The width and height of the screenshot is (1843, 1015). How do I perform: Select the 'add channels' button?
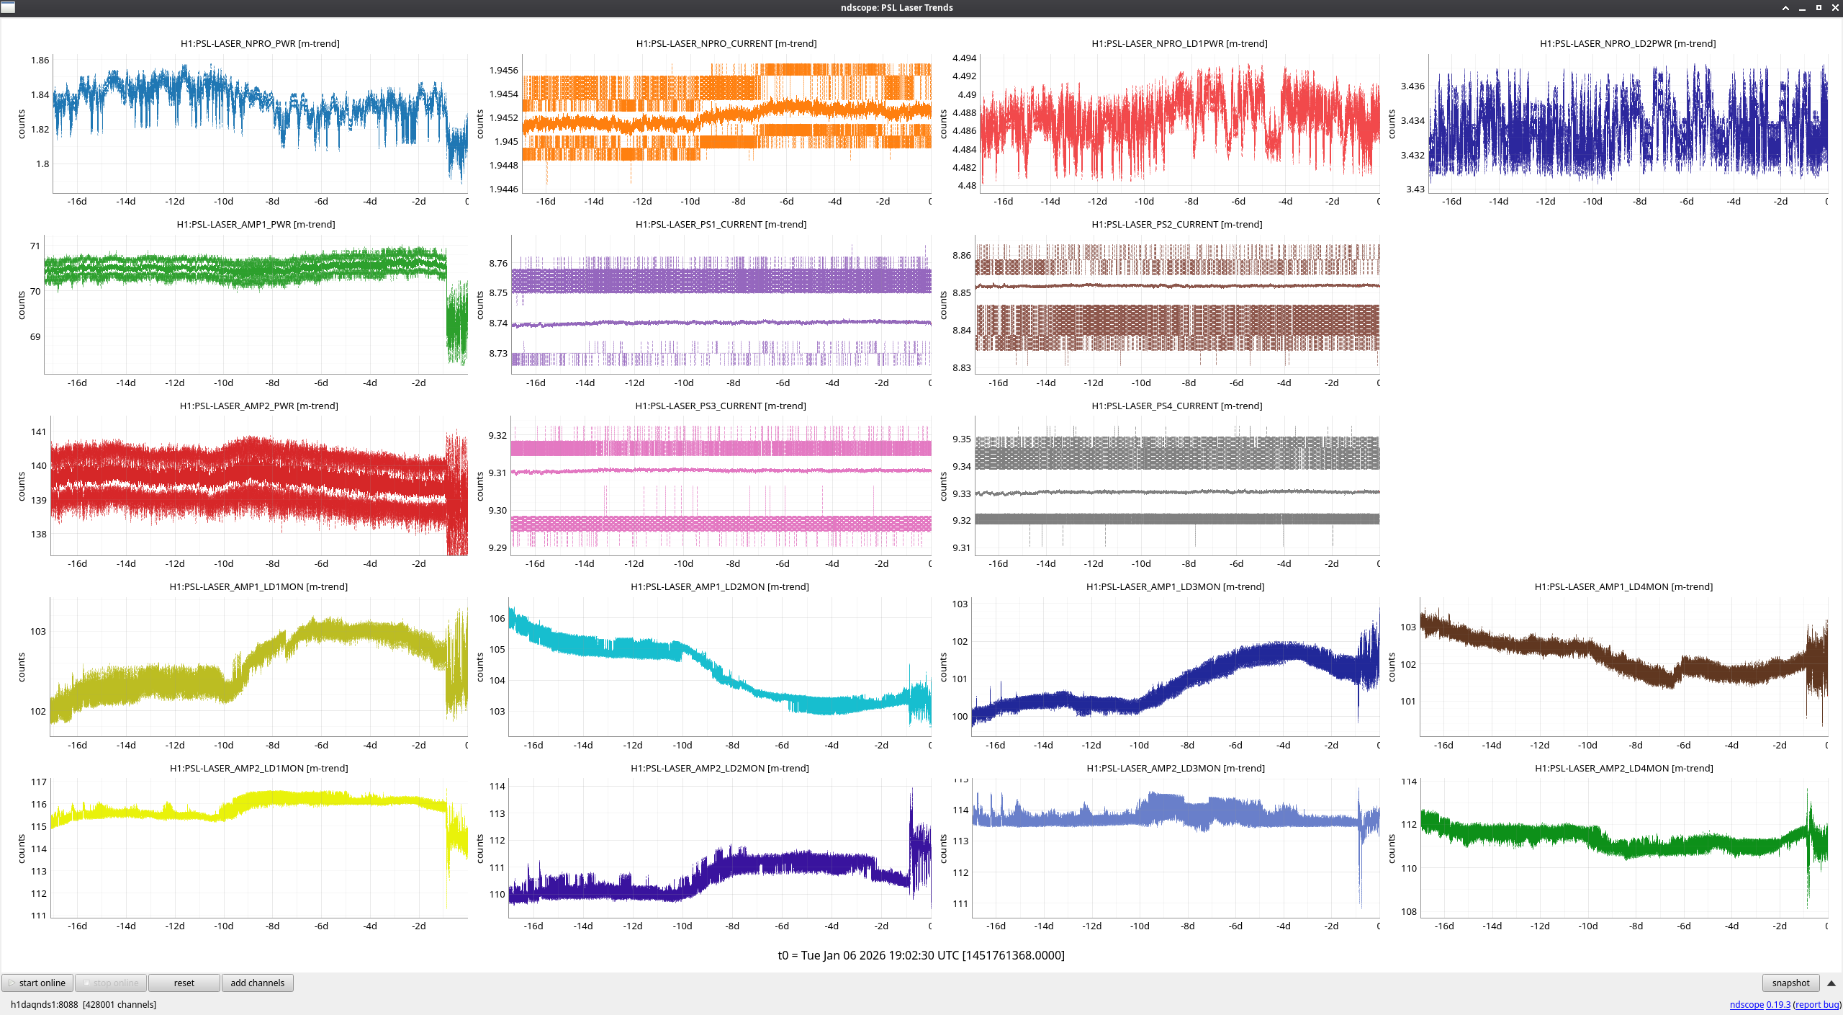[257, 983]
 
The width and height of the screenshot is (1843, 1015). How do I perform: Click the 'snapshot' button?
[1790, 983]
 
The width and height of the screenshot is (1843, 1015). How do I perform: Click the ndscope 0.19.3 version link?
[1759, 1004]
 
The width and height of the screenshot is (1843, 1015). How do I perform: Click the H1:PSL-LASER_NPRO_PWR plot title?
[260, 43]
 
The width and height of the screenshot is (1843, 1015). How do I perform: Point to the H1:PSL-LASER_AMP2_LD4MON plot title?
[1623, 768]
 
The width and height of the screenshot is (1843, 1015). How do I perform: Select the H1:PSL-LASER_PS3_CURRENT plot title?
[720, 406]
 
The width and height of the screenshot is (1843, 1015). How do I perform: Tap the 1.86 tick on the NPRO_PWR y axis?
[40, 60]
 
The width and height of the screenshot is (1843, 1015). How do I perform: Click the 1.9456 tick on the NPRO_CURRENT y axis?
[503, 70]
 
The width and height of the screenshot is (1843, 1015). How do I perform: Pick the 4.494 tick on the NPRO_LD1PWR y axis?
[964, 58]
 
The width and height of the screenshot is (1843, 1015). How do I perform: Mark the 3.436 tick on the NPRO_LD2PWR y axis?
[1412, 86]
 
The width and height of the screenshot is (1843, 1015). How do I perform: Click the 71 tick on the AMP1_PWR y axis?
[35, 246]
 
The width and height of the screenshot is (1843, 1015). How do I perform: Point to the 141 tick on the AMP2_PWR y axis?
[38, 432]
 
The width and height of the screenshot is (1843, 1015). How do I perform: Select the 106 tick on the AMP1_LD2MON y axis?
[497, 618]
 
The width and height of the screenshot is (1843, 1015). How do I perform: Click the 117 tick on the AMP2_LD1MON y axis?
[38, 782]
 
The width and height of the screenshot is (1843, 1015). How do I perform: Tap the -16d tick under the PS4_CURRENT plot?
[998, 563]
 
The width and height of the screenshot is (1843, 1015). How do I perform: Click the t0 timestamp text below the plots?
[921, 955]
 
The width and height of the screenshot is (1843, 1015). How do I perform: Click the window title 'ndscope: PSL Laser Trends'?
[896, 7]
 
